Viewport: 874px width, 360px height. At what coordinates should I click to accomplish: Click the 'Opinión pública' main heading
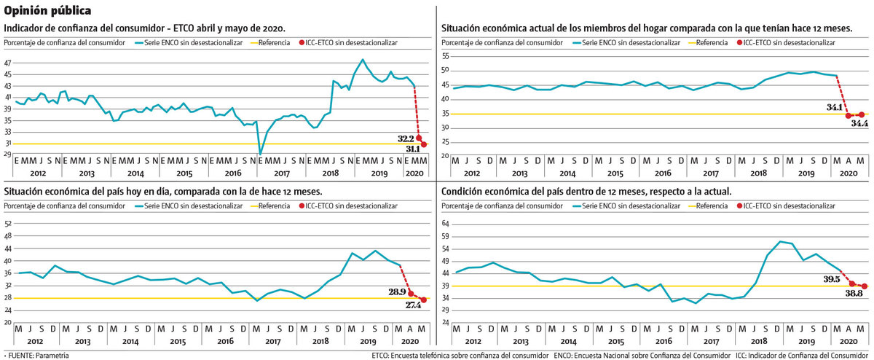pyautogui.click(x=47, y=11)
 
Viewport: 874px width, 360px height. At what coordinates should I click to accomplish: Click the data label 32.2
pyautogui.click(x=406, y=138)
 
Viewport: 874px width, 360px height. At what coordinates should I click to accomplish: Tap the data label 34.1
pyautogui.click(x=835, y=108)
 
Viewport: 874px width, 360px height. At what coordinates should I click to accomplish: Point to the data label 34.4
pyautogui.click(x=859, y=124)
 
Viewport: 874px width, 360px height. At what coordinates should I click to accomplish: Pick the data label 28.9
pyautogui.click(x=398, y=291)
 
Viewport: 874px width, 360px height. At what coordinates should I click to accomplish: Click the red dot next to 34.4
pyautogui.click(x=862, y=114)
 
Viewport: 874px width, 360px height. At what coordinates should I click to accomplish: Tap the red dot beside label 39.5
pyautogui.click(x=851, y=283)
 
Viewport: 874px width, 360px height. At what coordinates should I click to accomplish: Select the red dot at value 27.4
pyautogui.click(x=424, y=300)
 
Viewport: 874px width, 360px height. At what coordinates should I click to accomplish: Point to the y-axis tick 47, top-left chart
pyautogui.click(x=7, y=63)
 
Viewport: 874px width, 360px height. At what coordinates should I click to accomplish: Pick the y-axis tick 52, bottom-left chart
pyautogui.click(x=7, y=224)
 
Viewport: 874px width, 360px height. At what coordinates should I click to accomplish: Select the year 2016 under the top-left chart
pyautogui.click(x=233, y=173)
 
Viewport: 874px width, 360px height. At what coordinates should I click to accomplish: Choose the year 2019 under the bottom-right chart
pyautogui.click(x=806, y=341)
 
